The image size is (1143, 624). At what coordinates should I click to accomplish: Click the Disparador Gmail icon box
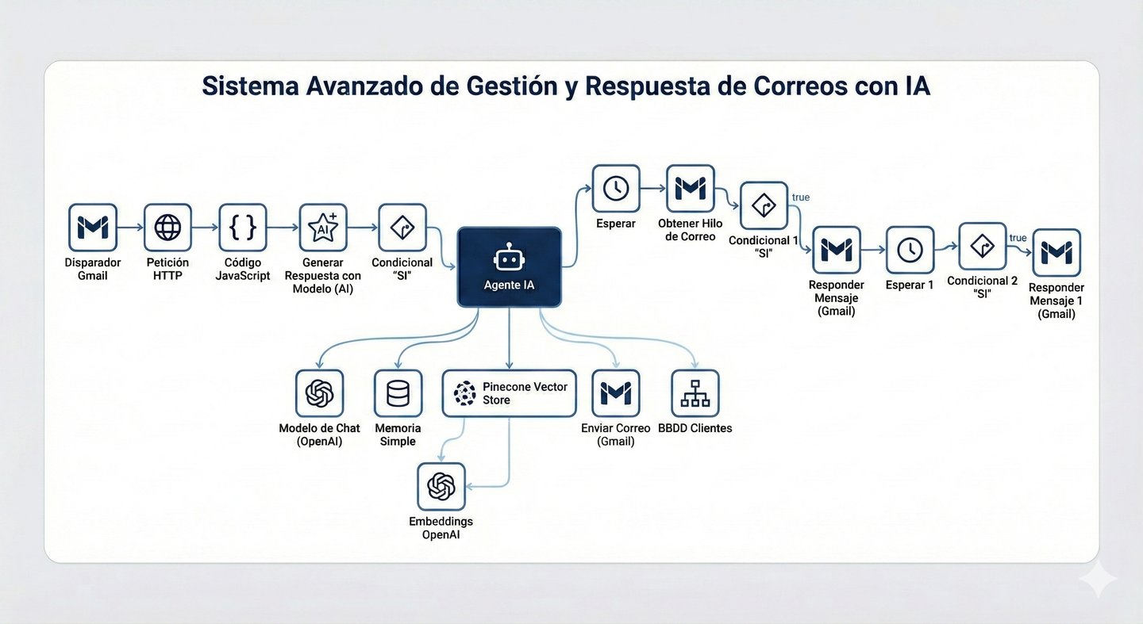click(x=93, y=228)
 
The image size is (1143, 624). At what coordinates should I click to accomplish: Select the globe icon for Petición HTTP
click(x=167, y=228)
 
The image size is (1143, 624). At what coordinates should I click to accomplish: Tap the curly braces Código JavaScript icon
click(x=243, y=228)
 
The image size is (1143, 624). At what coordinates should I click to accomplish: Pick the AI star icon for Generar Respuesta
click(x=323, y=228)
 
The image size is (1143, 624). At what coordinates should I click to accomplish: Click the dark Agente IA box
click(x=509, y=267)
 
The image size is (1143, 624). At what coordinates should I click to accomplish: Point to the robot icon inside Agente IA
click(x=508, y=258)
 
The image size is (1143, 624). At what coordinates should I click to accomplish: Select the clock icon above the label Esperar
click(x=616, y=188)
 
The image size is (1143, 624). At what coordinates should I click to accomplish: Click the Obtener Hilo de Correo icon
click(x=691, y=188)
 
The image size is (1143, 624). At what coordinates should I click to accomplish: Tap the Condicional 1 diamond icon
click(x=764, y=206)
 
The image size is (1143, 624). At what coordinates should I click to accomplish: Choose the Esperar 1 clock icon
click(x=910, y=251)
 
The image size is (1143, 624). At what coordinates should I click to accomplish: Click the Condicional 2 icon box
click(x=983, y=247)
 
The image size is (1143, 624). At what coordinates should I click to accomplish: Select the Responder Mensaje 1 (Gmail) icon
click(x=1056, y=253)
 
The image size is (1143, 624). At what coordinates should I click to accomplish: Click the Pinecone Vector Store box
click(x=509, y=393)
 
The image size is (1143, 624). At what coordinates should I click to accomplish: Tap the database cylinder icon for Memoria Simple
click(x=398, y=393)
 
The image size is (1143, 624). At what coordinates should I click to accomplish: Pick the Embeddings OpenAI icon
click(x=441, y=487)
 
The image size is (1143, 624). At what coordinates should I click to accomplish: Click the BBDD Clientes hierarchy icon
click(x=695, y=393)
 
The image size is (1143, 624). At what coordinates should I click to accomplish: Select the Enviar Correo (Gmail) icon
click(x=616, y=393)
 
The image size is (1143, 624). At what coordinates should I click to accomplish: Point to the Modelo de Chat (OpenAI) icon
click(x=319, y=393)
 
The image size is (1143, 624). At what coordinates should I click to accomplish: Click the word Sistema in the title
click(x=248, y=86)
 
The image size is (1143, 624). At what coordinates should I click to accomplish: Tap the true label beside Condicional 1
click(x=801, y=197)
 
